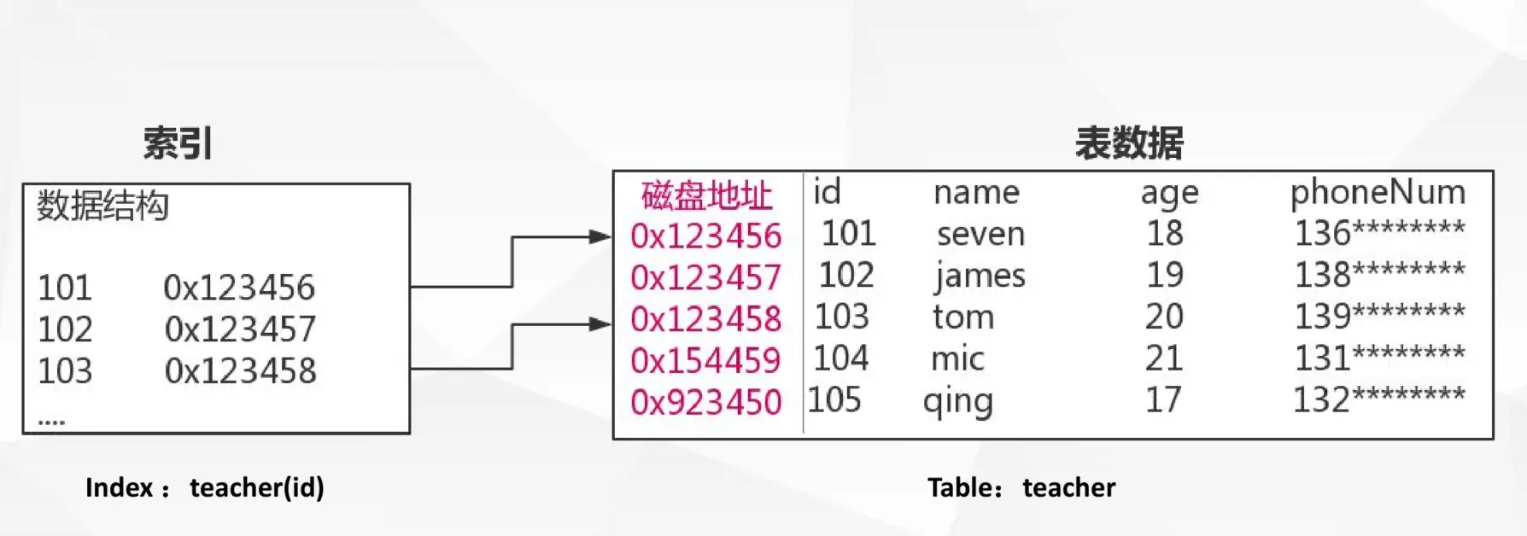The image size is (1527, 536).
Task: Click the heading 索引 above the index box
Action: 178,143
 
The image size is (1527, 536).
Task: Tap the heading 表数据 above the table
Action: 1129,143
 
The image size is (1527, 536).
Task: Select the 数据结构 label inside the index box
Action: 102,207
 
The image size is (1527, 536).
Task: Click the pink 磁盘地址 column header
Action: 706,195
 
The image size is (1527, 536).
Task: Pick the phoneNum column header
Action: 1378,192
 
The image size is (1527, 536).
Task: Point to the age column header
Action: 1169,193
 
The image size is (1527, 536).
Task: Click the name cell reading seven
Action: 980,234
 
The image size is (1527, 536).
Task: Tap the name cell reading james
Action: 980,276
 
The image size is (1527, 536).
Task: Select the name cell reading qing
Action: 958,401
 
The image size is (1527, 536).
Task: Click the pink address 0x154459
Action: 705,360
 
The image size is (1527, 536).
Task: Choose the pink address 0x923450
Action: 705,402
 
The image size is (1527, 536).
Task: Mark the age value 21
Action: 1164,358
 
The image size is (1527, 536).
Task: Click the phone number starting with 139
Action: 1379,317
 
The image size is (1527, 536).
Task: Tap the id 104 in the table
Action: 840,358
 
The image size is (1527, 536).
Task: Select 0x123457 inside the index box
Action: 240,329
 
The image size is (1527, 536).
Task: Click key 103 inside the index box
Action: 65,371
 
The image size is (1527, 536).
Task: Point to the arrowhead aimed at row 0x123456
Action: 600,236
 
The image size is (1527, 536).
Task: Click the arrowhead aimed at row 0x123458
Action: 600,323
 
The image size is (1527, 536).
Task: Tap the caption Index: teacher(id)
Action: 205,487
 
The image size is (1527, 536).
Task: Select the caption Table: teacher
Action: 1021,487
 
